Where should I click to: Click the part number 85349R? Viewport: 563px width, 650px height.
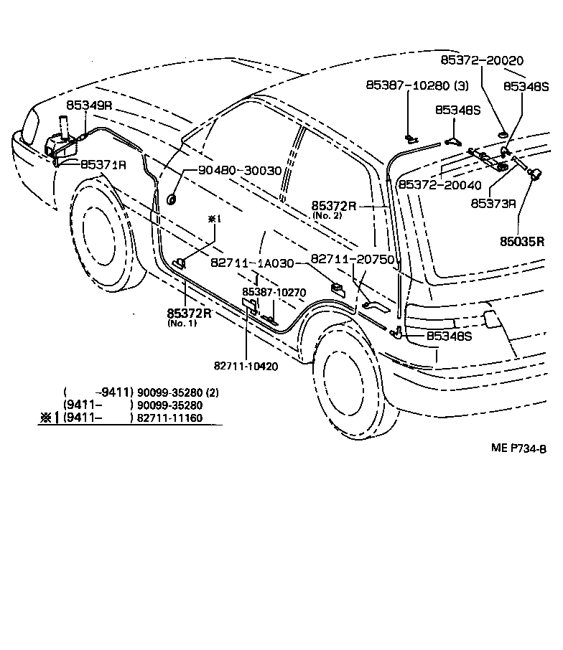click(x=90, y=105)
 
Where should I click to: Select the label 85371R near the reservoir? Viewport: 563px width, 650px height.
click(x=103, y=164)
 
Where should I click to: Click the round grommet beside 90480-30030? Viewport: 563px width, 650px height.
click(x=172, y=199)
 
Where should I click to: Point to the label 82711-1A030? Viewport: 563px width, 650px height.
click(x=252, y=263)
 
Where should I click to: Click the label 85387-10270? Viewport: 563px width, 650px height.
click(x=274, y=292)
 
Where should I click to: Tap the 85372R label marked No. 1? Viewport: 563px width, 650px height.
click(x=189, y=313)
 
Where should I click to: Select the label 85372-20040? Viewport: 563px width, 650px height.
click(x=441, y=185)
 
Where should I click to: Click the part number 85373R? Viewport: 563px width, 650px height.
click(x=493, y=203)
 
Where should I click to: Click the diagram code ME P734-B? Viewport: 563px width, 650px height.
click(x=518, y=449)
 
